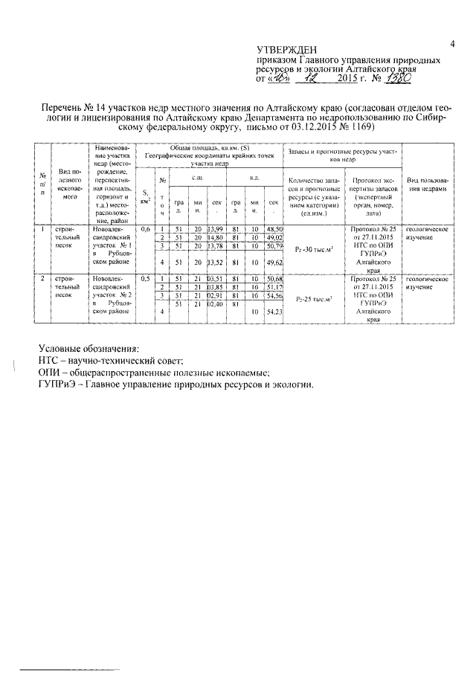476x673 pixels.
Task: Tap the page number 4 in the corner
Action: tap(451, 45)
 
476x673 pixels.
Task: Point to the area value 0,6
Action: tap(145, 229)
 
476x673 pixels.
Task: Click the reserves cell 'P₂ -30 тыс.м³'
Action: tap(312, 250)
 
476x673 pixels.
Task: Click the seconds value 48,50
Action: tap(274, 229)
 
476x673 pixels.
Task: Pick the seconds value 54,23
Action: tap(274, 313)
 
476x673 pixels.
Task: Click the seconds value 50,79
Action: tap(274, 245)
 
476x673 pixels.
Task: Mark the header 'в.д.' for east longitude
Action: tap(254, 178)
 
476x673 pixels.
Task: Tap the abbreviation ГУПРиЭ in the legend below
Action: tap(60, 384)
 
